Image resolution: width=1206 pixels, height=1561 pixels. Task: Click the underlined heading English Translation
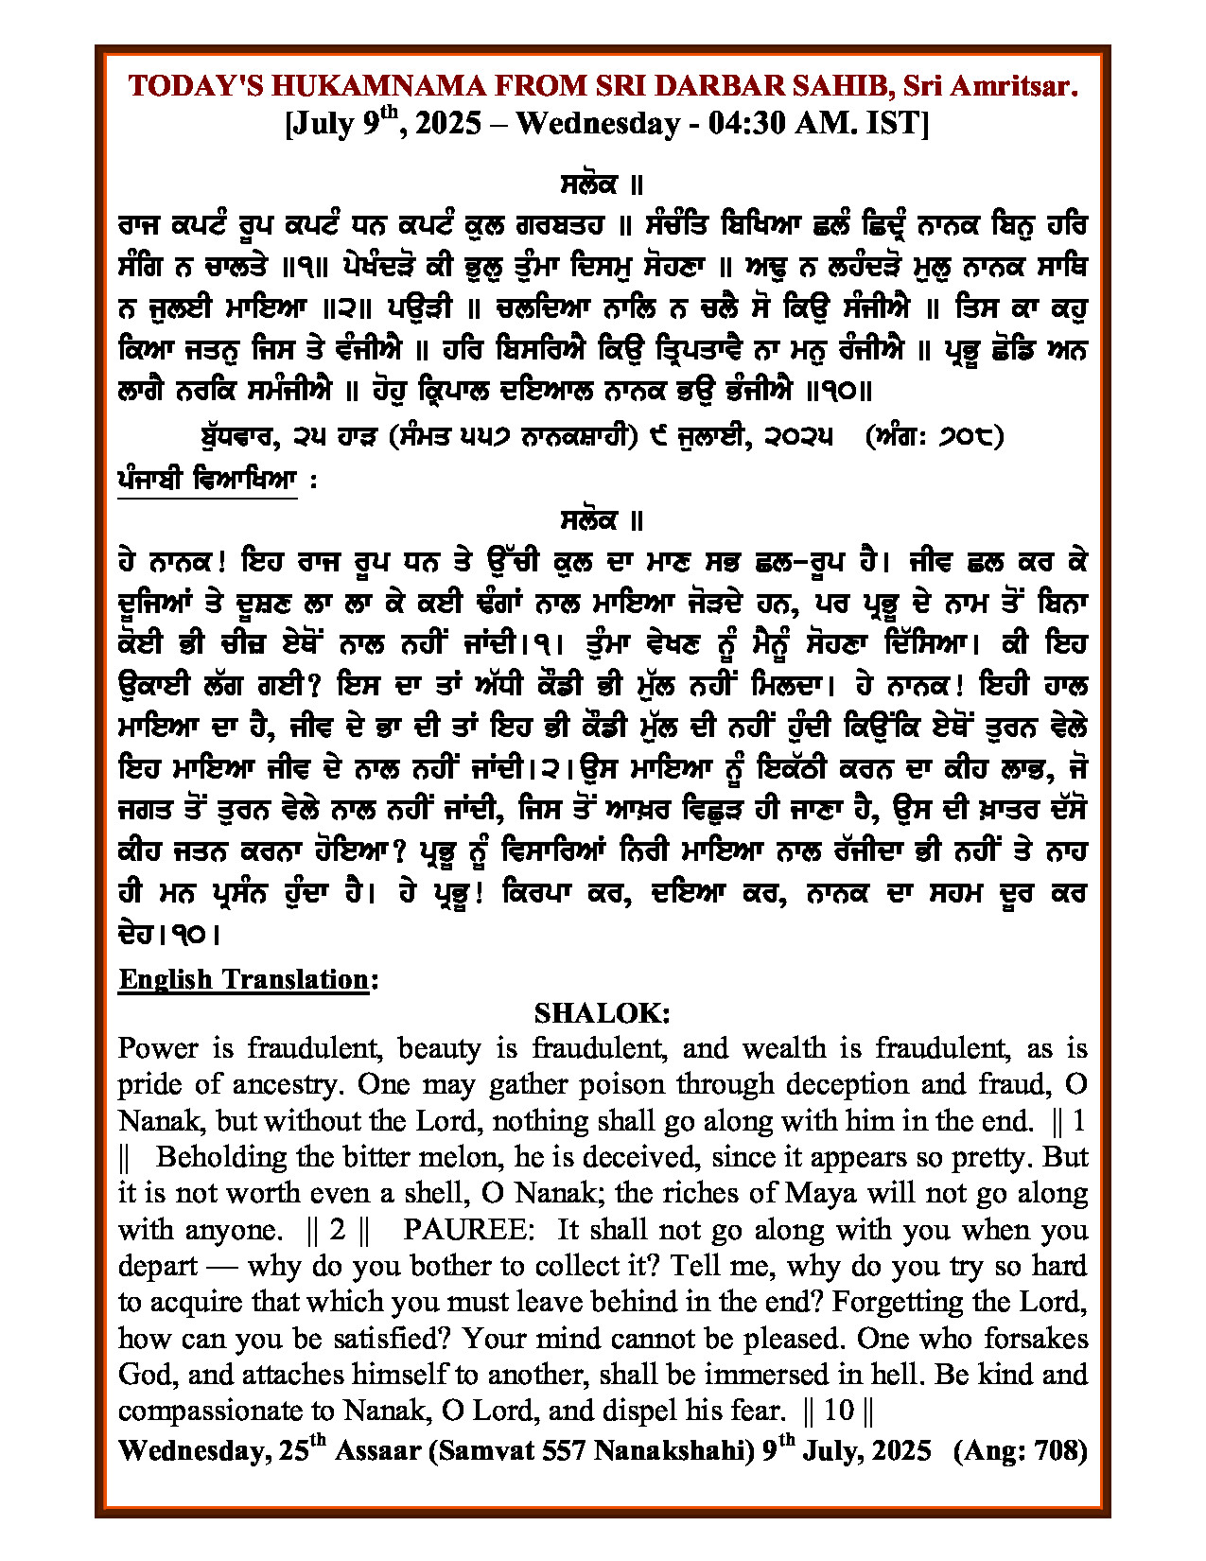pos(243,979)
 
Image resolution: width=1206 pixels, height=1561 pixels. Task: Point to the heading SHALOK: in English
pos(603,1013)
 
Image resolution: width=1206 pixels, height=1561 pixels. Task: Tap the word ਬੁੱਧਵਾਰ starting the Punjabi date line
pos(234,437)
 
